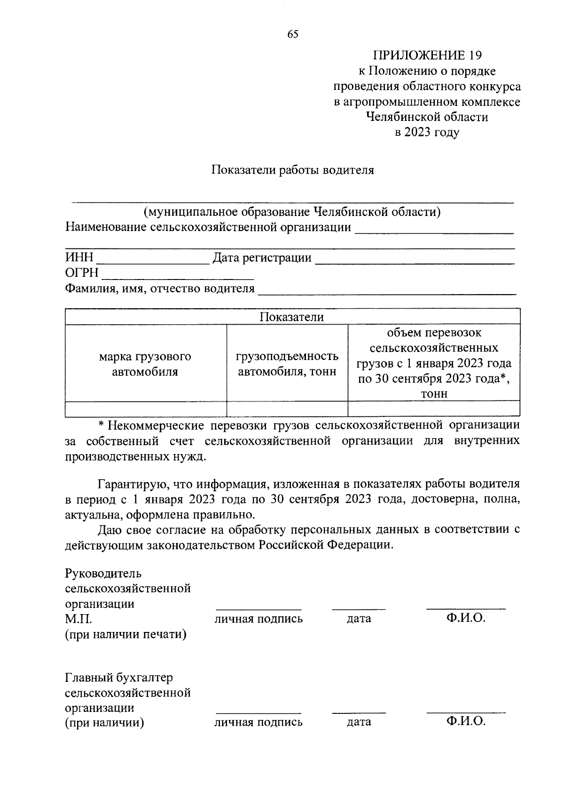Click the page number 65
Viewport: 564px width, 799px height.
pyautogui.click(x=292, y=34)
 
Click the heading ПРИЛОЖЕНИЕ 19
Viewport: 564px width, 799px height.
pyautogui.click(x=427, y=56)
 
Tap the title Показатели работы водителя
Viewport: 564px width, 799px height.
pyautogui.click(x=292, y=170)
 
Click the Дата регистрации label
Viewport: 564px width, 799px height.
pyautogui.click(x=262, y=258)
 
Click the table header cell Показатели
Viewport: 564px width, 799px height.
pyautogui.click(x=292, y=317)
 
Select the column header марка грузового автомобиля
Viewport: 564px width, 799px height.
pyautogui.click(x=145, y=364)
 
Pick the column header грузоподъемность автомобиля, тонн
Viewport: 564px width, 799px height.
pyautogui.click(x=287, y=364)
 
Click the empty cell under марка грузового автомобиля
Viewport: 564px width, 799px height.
pyautogui.click(x=145, y=408)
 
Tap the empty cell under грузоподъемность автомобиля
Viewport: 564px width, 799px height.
pyautogui.click(x=287, y=408)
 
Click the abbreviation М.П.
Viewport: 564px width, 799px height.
pyautogui.click(x=79, y=619)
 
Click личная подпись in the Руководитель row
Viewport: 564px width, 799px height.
pyautogui.click(x=258, y=619)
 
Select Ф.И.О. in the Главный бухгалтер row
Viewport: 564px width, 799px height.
pyautogui.click(x=466, y=722)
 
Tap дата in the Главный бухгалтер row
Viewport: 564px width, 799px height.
pyautogui.click(x=359, y=722)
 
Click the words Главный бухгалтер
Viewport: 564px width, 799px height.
pyautogui.click(x=119, y=678)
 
